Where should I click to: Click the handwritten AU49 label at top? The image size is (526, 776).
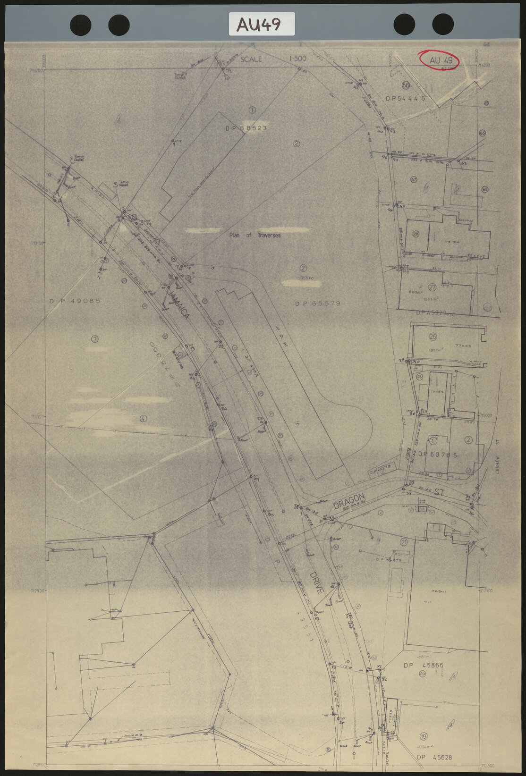point(261,24)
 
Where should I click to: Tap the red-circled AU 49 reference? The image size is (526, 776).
point(441,60)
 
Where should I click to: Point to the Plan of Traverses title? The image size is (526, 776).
point(255,235)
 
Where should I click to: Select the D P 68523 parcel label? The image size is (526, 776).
point(246,128)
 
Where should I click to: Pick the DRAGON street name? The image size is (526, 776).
point(349,501)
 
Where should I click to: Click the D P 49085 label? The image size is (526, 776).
point(75,301)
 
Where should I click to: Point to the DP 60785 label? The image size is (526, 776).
point(438,455)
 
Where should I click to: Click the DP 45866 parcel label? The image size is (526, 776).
point(423,666)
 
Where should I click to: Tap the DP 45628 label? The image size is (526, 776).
point(434,758)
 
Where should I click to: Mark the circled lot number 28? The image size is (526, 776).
point(416,234)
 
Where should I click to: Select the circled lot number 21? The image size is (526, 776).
point(404,541)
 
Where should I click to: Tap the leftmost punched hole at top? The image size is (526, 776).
point(80,25)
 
